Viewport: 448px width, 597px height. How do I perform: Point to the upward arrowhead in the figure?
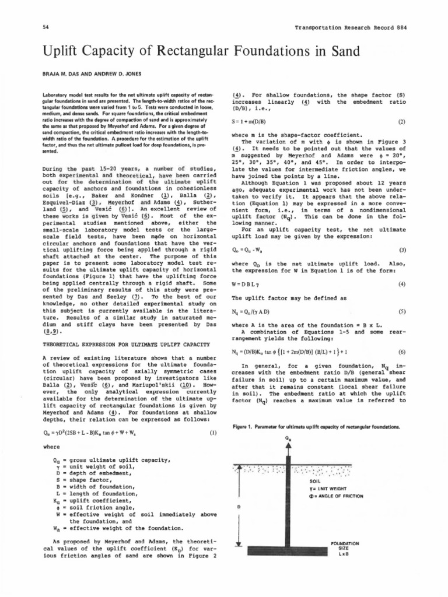290,447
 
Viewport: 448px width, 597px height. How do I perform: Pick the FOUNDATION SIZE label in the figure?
344,547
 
